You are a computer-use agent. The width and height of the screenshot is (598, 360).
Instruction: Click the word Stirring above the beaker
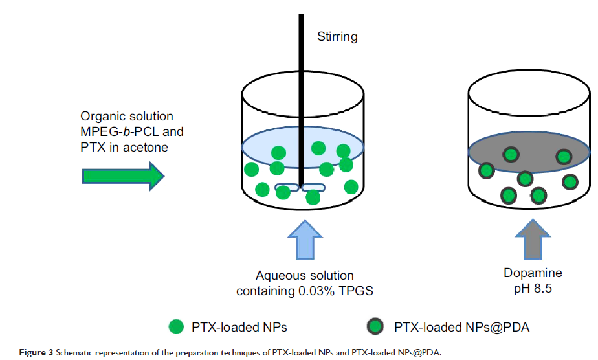point(337,37)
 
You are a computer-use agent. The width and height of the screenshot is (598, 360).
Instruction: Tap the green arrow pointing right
point(124,176)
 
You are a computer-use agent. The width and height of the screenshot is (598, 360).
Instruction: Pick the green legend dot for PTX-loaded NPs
point(175,328)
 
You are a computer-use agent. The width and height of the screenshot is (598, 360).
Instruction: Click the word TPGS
point(359,291)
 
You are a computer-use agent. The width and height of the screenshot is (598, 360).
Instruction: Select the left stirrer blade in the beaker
point(287,188)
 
